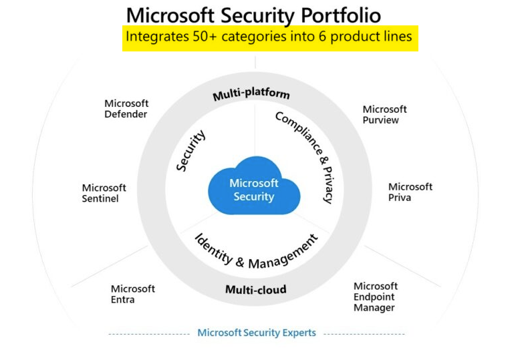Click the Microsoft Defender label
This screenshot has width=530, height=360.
coord(126,109)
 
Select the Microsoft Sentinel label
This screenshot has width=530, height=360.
coord(104,193)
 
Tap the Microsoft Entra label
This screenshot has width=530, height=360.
coord(132,294)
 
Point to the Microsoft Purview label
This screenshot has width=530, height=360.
coord(384,114)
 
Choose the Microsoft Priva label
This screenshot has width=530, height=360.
coord(410,192)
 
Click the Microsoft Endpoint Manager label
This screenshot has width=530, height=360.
coord(376,297)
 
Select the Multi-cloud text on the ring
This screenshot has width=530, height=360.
coord(255,289)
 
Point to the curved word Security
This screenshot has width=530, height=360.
coord(191,151)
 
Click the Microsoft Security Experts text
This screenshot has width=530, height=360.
coord(257,333)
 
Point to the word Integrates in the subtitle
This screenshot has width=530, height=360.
coord(158,37)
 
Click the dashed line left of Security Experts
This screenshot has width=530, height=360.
coord(148,333)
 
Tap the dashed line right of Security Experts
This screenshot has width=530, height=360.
coord(364,333)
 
